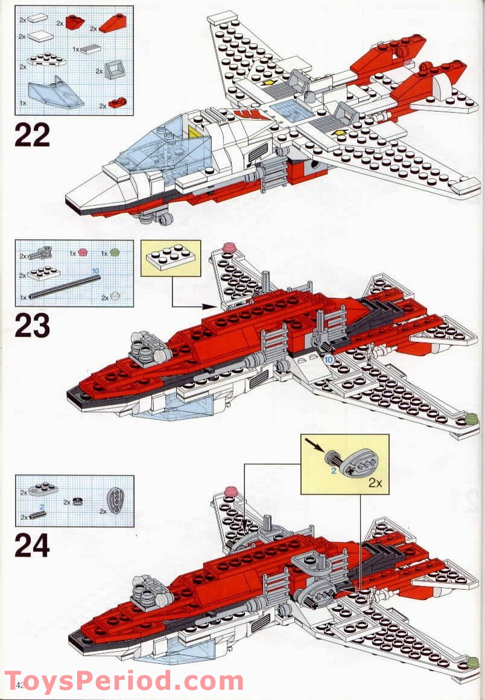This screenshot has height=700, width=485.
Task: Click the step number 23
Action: click(31, 326)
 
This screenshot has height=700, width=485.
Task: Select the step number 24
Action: click(32, 546)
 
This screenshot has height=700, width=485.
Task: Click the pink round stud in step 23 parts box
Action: click(83, 254)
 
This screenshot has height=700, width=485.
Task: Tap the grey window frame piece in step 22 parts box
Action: click(113, 71)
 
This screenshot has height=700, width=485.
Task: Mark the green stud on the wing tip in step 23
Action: click(471, 418)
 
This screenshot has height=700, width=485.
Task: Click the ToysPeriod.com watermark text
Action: click(124, 681)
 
